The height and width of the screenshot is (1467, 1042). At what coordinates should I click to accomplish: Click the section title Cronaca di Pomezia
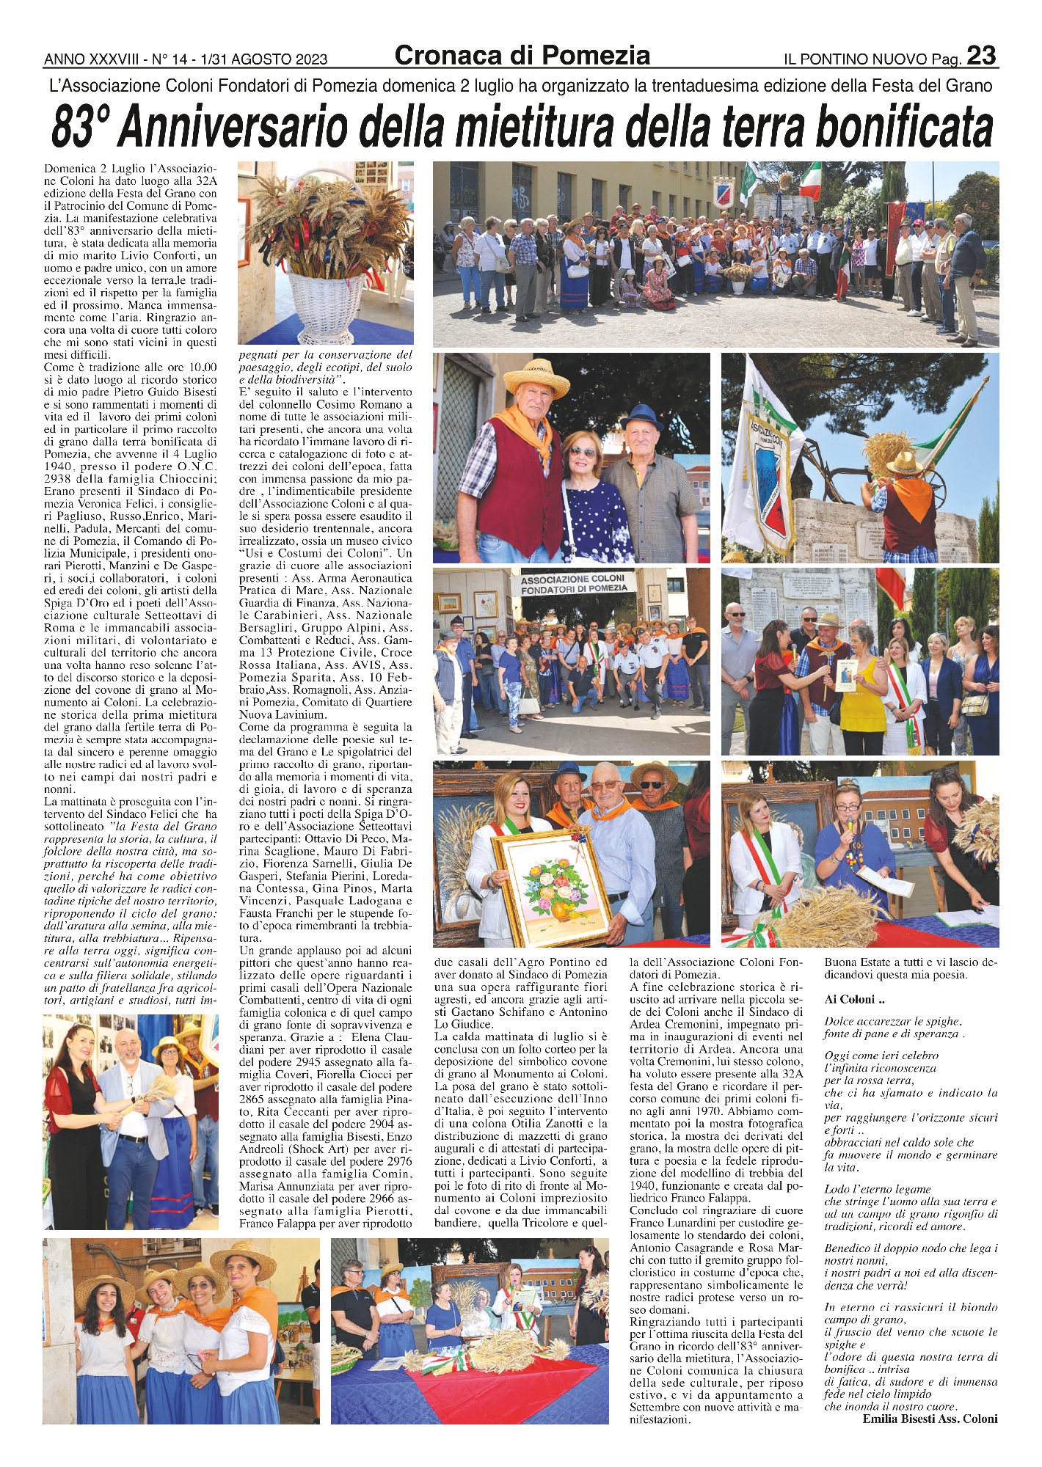(522, 56)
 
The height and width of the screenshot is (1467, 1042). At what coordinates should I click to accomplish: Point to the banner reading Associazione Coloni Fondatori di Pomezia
(573, 584)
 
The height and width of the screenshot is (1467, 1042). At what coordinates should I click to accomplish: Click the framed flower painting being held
(550, 887)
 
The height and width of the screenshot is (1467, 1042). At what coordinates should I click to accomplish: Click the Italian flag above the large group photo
(809, 180)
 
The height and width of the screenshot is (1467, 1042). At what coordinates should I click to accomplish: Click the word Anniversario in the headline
(233, 128)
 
